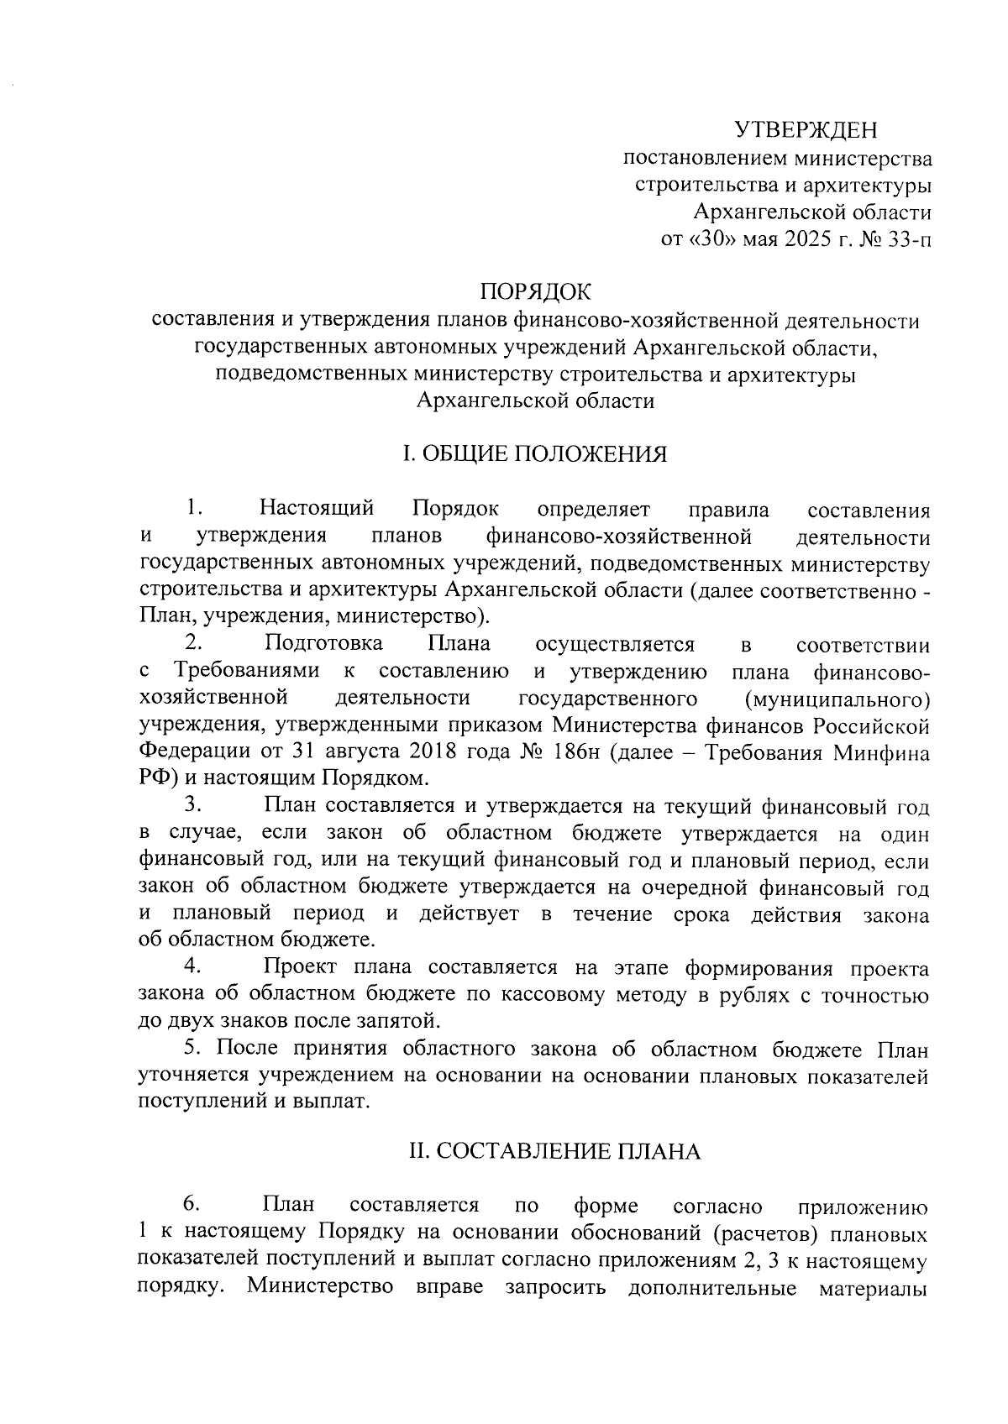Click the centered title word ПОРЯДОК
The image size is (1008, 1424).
click(535, 292)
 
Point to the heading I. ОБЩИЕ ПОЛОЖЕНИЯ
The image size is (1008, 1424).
click(535, 454)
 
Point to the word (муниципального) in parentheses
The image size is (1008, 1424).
click(837, 699)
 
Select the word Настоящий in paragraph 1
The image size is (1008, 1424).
click(317, 509)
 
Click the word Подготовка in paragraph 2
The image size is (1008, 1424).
click(323, 644)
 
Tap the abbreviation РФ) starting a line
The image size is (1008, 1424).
click(157, 779)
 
